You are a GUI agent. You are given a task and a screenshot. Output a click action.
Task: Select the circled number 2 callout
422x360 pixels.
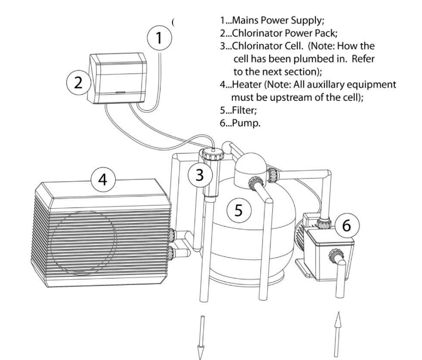click(x=77, y=83)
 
